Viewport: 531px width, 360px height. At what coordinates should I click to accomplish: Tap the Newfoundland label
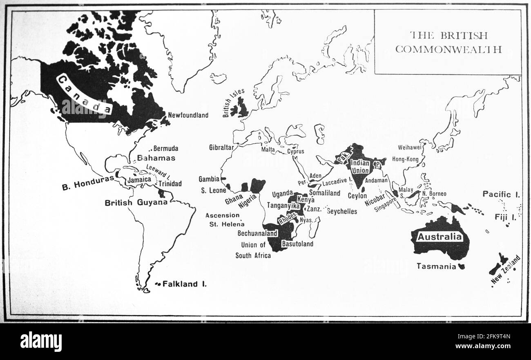(188, 115)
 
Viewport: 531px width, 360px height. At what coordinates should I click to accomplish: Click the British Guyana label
(136, 203)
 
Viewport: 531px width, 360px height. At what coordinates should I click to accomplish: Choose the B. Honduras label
(87, 187)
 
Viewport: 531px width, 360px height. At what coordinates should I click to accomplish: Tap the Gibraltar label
(221, 148)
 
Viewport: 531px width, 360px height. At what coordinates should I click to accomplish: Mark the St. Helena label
(227, 224)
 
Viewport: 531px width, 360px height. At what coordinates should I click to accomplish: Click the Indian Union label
(360, 167)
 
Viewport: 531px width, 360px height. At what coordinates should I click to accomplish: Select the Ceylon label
(357, 196)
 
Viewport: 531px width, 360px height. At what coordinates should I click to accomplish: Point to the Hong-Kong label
(405, 159)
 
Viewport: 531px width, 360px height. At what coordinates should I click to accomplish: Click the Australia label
(440, 237)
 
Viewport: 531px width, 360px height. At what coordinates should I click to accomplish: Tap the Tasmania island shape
(462, 266)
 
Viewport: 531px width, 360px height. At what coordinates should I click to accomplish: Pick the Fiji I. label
(505, 217)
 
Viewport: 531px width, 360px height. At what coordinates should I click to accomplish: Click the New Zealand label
(506, 270)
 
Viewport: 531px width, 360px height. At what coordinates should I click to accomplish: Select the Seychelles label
(341, 211)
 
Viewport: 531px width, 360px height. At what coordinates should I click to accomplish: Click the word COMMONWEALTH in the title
(448, 49)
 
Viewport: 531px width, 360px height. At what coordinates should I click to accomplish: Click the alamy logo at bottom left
(41, 341)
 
